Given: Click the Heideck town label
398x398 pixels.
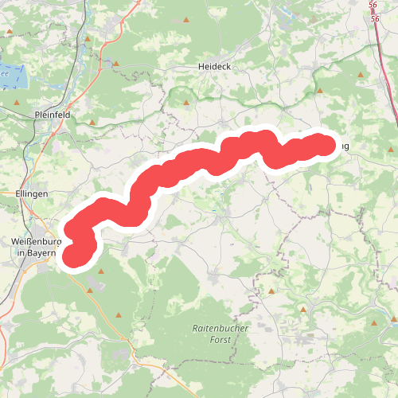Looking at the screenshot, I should pos(214,67).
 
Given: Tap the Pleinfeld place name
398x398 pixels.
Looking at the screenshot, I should pos(54,115).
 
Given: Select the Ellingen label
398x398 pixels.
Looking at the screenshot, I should pos(32,193).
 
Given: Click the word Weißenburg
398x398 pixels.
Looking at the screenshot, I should pos(37,241).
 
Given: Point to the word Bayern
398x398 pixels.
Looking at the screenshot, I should pos(42,252).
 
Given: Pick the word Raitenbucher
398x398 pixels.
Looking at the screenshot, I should pos(220,328).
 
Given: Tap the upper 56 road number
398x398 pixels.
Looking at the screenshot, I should pos(374,5).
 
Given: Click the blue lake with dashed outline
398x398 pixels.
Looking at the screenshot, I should pos(14,77).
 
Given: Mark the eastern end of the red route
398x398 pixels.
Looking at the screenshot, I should pos(323,145).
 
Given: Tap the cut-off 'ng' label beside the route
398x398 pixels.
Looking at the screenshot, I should pos(344,146).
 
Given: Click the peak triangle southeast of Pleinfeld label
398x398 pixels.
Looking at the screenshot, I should pos(93,123).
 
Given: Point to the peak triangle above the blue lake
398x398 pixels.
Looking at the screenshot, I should pos(10,33).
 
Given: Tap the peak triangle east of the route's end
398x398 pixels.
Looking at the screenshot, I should pos(362,76).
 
